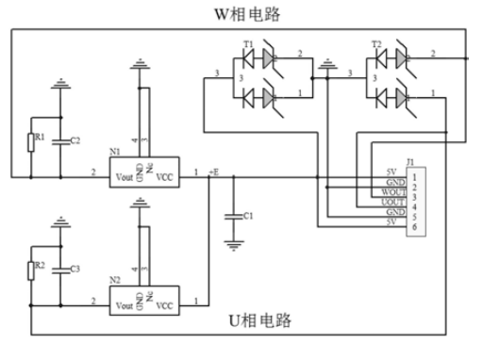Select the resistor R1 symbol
pyautogui.click(x=32, y=140)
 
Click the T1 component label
pyautogui.click(x=248, y=44)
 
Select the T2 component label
pyautogui.click(x=375, y=44)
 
